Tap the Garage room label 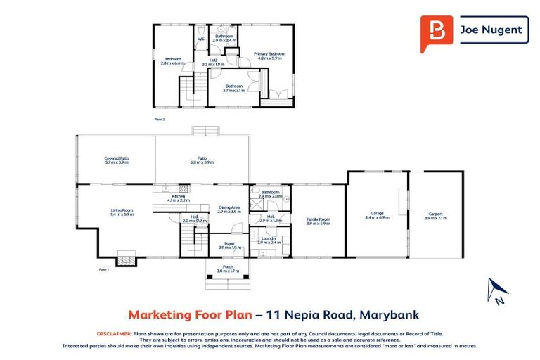tap(376, 215)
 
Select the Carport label tap(436, 216)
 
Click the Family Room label tap(318, 221)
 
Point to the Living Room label tap(122, 212)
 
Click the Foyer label tap(229, 245)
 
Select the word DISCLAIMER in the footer tap(113, 333)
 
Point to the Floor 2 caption tap(159, 120)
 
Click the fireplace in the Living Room tap(126, 259)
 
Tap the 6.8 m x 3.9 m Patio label tap(202, 160)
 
